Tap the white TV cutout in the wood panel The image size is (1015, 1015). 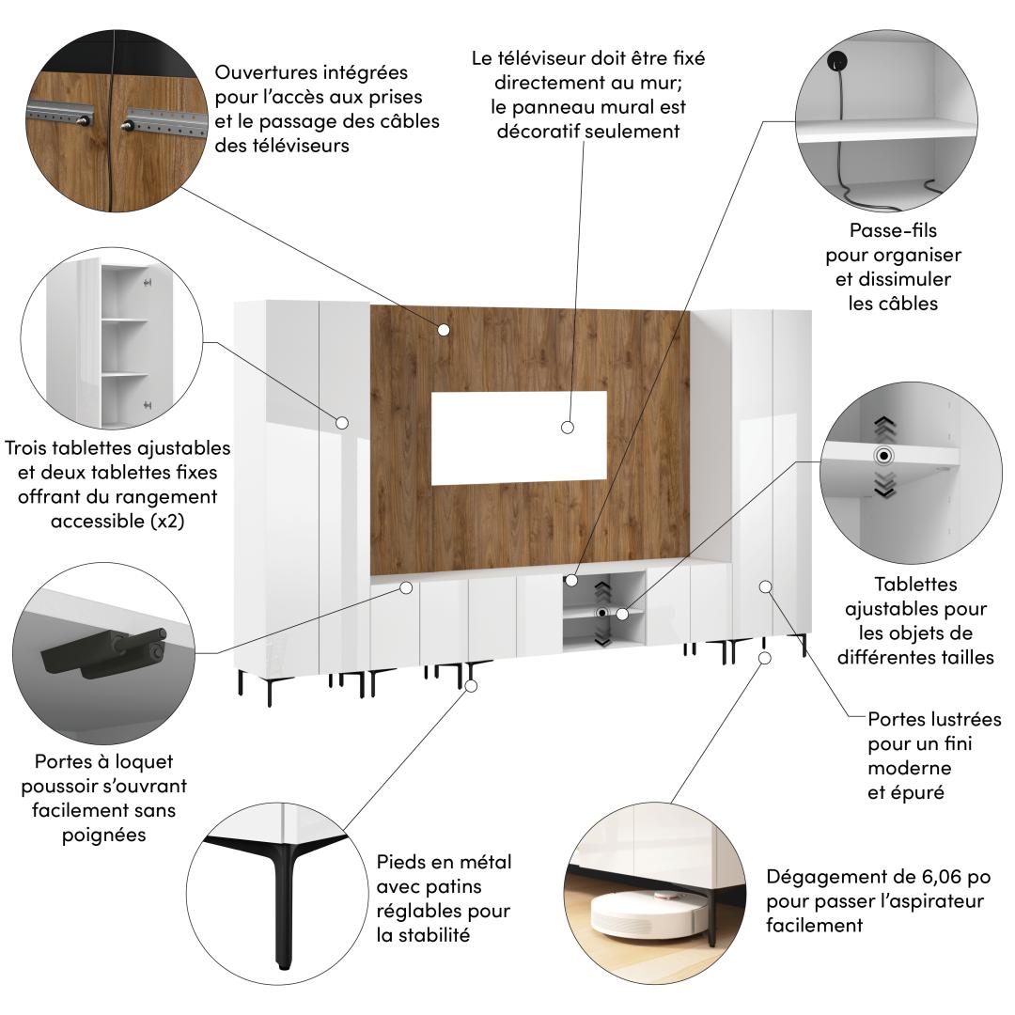[x=519, y=438]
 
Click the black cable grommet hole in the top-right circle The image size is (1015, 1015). [x=837, y=61]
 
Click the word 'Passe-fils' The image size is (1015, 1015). [x=893, y=230]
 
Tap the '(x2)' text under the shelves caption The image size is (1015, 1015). [x=167, y=521]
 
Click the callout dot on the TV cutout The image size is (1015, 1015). [x=568, y=428]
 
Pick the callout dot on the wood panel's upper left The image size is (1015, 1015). [x=444, y=330]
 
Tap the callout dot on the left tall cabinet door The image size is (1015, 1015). [x=342, y=423]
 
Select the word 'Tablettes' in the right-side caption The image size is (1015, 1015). [x=915, y=585]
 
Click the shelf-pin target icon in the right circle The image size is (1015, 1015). [x=883, y=456]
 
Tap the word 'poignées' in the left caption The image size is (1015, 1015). [x=103, y=835]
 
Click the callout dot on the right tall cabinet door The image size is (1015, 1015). [x=766, y=586]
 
